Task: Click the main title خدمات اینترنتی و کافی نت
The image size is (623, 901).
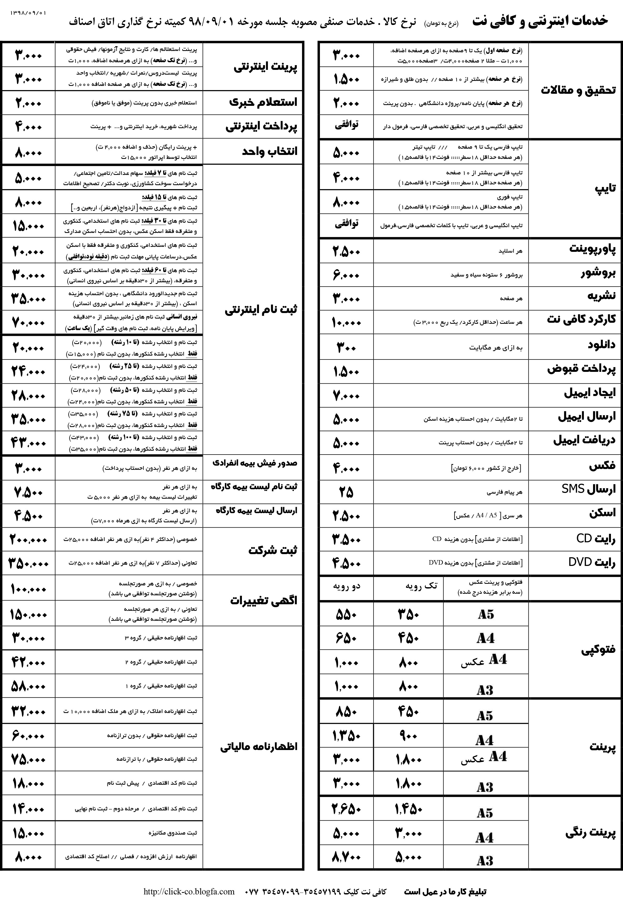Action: click(x=540, y=21)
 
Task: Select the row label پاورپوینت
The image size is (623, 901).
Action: click(x=592, y=249)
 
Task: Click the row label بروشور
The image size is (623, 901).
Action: click(x=598, y=274)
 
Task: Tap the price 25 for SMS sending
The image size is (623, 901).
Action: click(x=346, y=492)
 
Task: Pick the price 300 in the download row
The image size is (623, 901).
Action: click(x=346, y=347)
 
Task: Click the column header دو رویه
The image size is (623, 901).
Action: click(x=346, y=586)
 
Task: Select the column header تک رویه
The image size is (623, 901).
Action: click(x=420, y=586)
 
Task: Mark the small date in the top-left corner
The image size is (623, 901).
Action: click(x=28, y=13)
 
